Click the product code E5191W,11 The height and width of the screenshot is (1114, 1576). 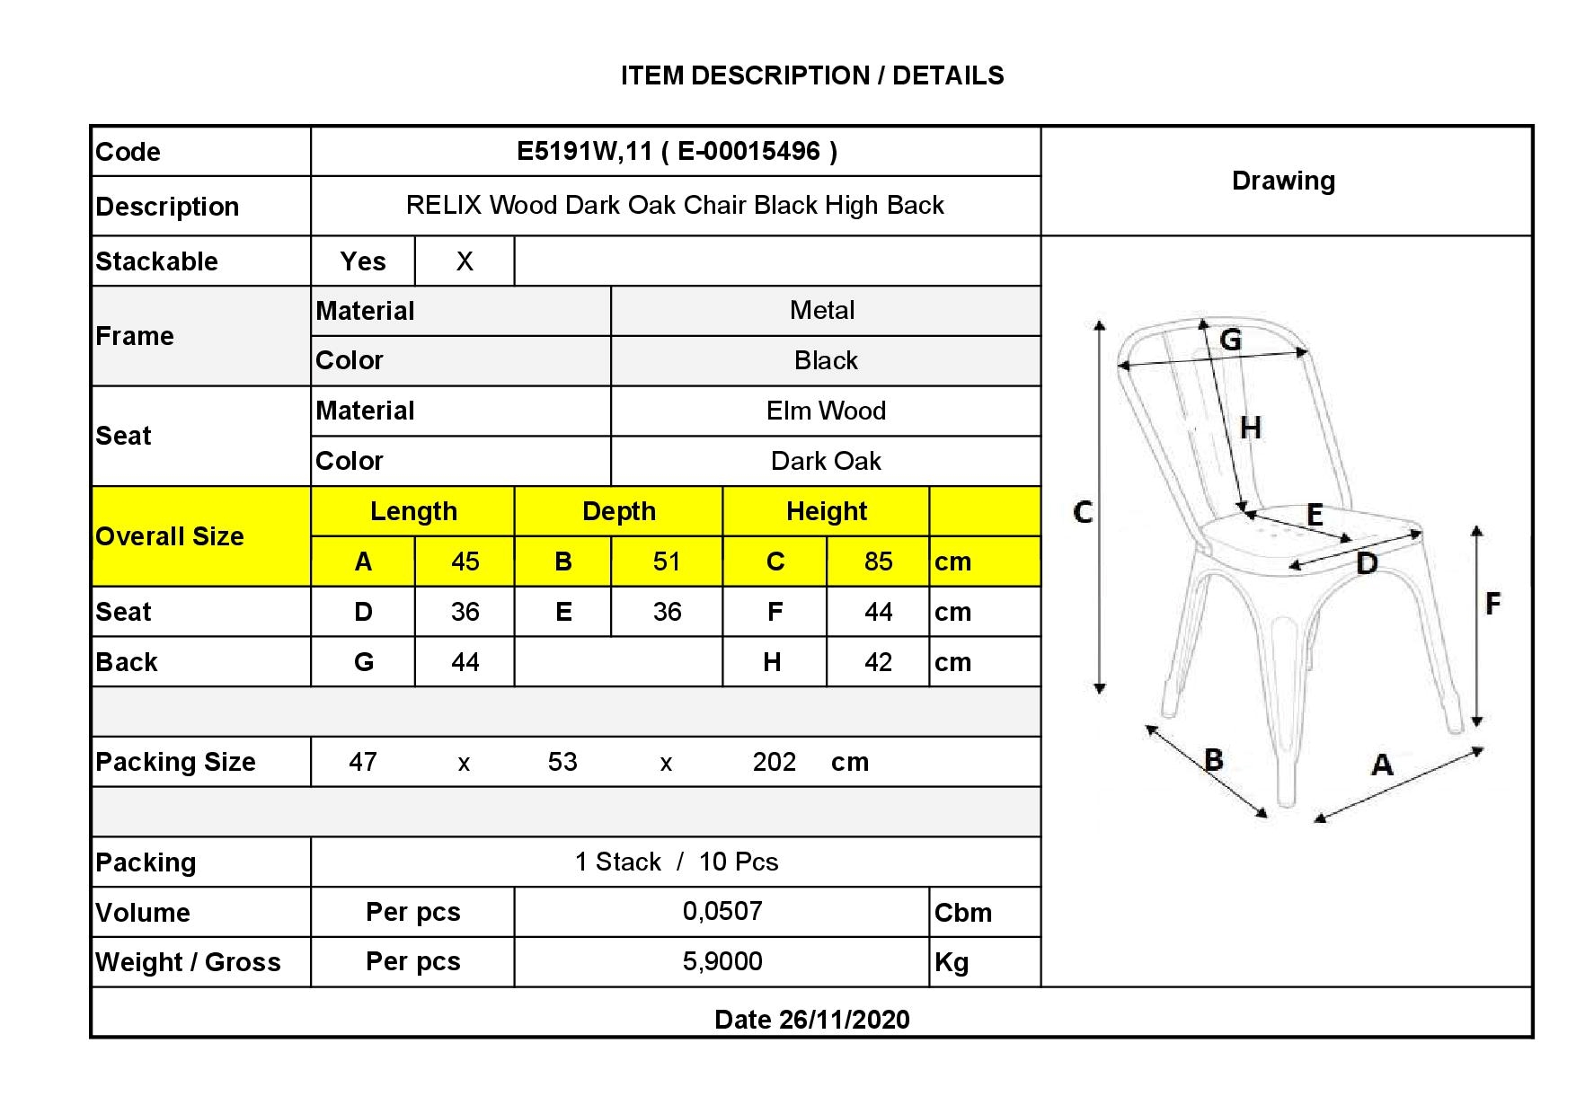coord(584,151)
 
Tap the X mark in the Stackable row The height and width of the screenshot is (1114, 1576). coord(465,261)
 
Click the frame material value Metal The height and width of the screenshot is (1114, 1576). coord(822,311)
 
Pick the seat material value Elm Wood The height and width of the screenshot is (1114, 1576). coord(826,411)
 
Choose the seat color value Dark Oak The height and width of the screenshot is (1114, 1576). coord(826,461)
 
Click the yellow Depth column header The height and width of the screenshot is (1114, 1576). coord(619,511)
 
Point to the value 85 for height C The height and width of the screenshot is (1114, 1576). coord(879,561)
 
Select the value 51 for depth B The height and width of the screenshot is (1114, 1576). coord(667,561)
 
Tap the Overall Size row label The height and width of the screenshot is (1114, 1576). coord(170,536)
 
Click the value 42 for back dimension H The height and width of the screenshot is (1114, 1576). coord(878,662)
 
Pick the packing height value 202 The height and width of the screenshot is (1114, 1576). coord(775,762)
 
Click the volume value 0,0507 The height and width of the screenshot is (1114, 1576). coord(722,911)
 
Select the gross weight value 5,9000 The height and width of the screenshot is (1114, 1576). coord(722,961)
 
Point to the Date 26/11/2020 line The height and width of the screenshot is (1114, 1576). coord(812,1020)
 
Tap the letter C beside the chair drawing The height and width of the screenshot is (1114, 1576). coord(1084,512)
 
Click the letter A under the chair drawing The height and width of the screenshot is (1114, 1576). coord(1382,765)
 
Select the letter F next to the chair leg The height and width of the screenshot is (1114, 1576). coord(1492,603)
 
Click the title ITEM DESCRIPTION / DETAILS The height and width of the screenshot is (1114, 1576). coord(812,75)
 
